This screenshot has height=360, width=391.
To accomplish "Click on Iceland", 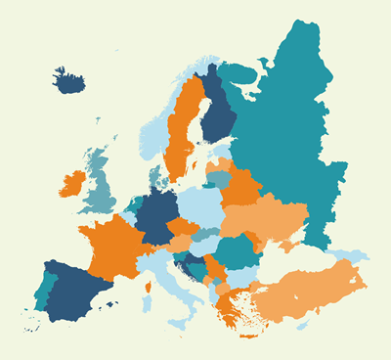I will pos(69,80).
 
